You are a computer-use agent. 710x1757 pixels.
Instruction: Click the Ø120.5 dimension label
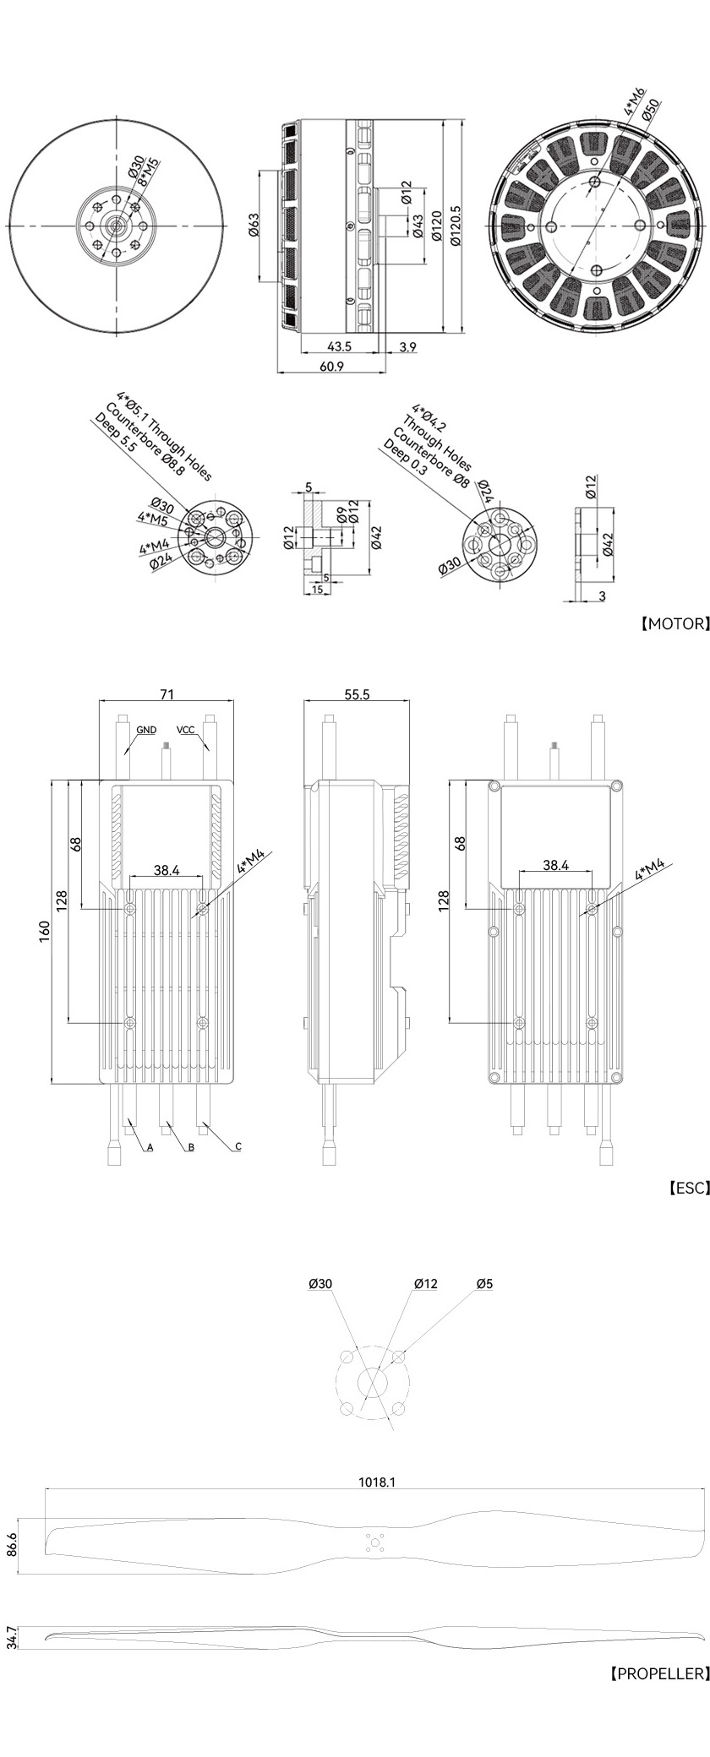click(457, 226)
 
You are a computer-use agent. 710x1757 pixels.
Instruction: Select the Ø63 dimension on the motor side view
click(253, 226)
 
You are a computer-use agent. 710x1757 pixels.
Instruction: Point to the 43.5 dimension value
click(339, 346)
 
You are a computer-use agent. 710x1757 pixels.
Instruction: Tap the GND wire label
click(146, 728)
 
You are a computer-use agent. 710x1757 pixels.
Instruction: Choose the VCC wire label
click(187, 728)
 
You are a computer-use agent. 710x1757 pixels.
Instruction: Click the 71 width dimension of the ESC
click(167, 694)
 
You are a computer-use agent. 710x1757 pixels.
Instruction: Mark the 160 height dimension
click(45, 929)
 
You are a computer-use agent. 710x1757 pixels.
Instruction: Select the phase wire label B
click(191, 1148)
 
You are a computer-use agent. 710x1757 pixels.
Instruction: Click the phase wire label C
click(238, 1146)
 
